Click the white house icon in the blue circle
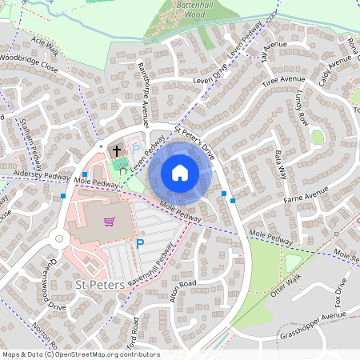[x=180, y=173]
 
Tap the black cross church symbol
[x=116, y=150]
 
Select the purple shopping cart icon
[x=109, y=222]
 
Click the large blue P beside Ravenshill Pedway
[x=140, y=244]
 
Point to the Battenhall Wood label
[x=187, y=9]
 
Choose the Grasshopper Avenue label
[x=318, y=325]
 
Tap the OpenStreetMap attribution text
[x=80, y=354]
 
